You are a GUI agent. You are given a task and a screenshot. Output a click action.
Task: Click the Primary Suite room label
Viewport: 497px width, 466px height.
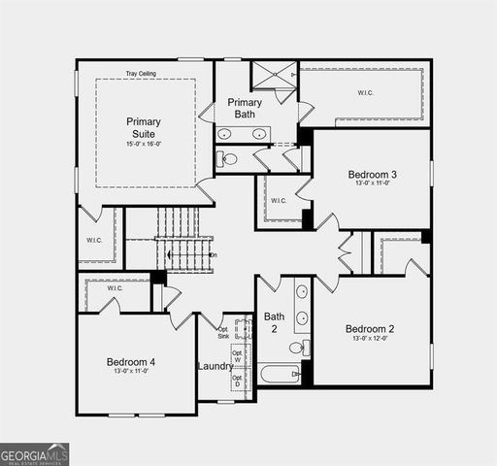click(144, 127)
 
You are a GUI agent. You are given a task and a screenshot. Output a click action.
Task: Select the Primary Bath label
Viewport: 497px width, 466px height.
click(245, 108)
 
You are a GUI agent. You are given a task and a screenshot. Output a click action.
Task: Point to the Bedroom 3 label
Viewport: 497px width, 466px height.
click(373, 175)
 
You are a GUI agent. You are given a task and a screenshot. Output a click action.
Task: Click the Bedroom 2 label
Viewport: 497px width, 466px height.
click(370, 329)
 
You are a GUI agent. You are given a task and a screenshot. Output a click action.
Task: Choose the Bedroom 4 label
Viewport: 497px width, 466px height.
click(131, 362)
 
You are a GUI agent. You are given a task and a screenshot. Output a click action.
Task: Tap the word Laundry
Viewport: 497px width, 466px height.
click(215, 366)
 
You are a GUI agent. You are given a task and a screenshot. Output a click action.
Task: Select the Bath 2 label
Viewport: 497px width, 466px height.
click(274, 322)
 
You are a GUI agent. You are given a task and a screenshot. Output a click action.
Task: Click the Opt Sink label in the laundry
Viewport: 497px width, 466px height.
click(223, 331)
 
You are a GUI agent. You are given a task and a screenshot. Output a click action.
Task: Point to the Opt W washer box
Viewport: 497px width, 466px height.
click(237, 357)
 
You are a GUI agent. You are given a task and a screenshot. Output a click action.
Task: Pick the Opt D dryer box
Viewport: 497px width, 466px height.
click(237, 379)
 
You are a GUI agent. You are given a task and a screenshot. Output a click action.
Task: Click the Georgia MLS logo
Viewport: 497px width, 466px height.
click(35, 453)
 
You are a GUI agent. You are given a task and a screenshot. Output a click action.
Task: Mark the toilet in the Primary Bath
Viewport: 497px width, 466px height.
click(228, 158)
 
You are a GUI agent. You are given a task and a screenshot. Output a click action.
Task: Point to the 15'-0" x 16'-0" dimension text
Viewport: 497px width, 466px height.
click(144, 144)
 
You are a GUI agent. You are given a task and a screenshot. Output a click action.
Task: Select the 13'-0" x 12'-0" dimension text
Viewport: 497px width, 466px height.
click(370, 339)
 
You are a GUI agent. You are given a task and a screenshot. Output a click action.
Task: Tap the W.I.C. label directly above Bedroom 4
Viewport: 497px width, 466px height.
click(115, 287)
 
